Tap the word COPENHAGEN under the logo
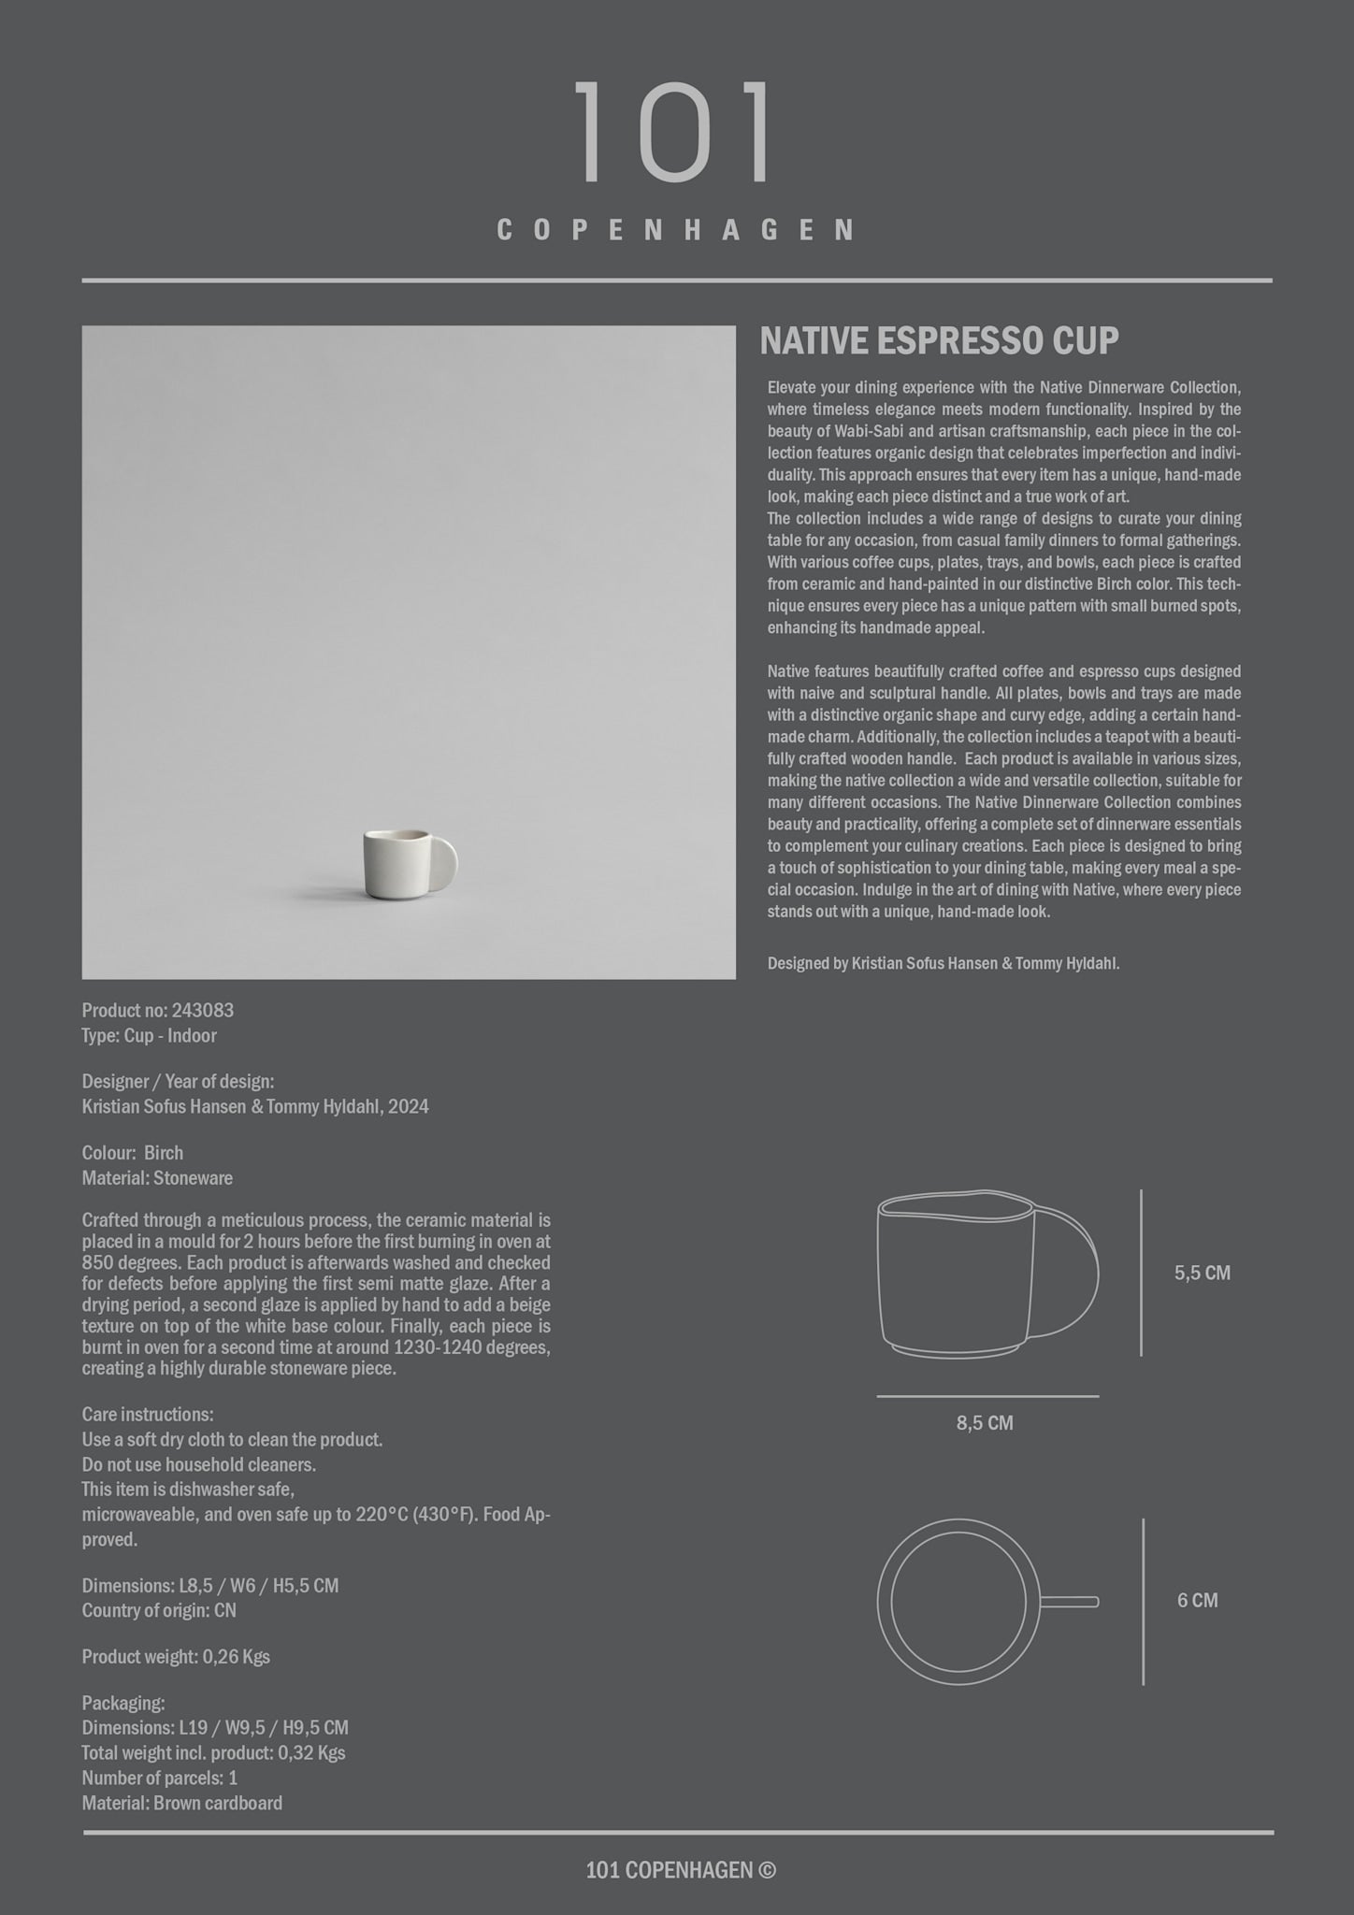675,230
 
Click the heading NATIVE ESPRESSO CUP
939,341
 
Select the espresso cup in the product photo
397,864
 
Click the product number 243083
203,1011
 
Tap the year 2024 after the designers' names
409,1107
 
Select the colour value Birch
164,1153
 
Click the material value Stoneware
193,1178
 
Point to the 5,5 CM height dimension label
1203,1273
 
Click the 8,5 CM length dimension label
985,1423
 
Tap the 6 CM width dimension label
1198,1600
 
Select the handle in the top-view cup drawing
1069,1602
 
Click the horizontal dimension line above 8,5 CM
987,1396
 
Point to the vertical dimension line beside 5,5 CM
1141,1273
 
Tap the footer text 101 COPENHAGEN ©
680,1870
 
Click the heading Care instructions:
148,1415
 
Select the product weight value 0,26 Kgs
237,1657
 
